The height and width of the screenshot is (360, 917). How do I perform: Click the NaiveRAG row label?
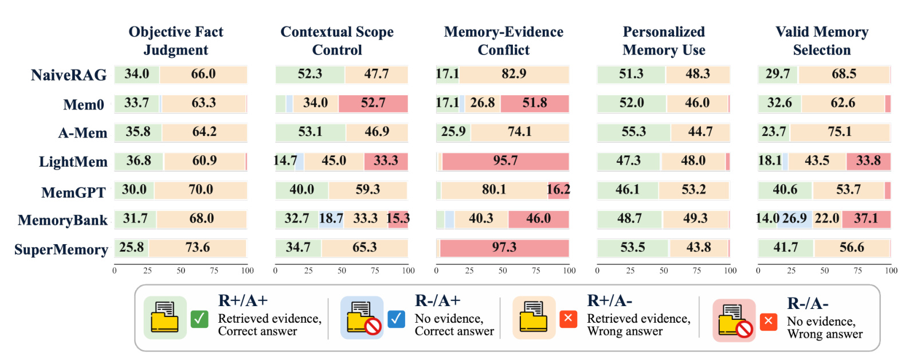[69, 75]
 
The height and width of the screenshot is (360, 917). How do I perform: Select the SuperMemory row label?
[61, 249]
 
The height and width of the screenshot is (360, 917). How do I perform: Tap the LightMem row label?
[73, 162]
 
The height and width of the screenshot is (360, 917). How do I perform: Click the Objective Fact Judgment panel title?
[176, 41]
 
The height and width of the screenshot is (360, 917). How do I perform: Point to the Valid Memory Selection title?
[822, 41]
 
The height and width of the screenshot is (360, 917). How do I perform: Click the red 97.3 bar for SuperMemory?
[504, 248]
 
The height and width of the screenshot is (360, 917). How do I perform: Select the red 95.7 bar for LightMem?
[505, 161]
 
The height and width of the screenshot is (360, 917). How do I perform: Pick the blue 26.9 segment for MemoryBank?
[794, 219]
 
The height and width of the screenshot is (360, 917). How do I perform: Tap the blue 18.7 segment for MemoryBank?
[331, 219]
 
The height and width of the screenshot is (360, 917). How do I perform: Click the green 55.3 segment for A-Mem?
[634, 132]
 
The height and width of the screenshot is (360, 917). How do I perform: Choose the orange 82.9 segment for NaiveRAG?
[514, 74]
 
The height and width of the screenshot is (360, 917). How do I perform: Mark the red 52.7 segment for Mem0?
[373, 103]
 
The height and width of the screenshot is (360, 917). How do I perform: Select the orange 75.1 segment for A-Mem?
[840, 132]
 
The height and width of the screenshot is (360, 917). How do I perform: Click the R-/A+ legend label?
[438, 300]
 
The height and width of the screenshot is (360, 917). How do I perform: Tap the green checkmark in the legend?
[199, 319]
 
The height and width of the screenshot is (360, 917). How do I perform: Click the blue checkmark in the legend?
[396, 319]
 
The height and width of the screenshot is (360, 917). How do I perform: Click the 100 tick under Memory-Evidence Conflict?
[569, 271]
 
